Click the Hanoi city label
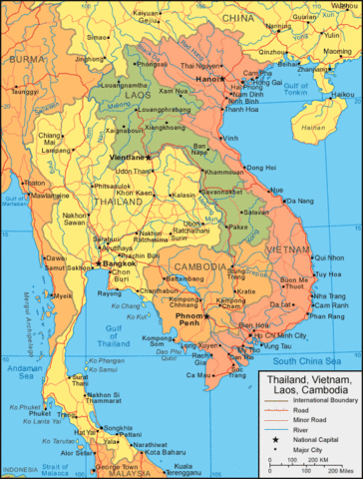(x=206, y=78)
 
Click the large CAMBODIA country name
(x=198, y=266)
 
